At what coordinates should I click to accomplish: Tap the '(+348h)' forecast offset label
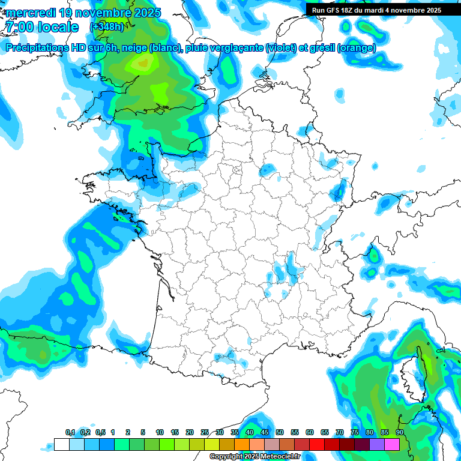(106, 27)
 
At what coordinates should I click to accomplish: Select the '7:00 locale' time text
(41, 27)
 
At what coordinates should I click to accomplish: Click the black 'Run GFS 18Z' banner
(376, 10)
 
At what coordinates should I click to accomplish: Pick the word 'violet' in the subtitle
(281, 48)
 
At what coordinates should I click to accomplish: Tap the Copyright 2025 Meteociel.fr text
(255, 457)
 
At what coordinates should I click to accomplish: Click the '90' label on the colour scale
(400, 432)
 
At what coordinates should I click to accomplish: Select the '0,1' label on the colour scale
(70, 432)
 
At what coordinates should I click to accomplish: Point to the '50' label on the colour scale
(280, 432)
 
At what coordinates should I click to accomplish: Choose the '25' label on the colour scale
(205, 432)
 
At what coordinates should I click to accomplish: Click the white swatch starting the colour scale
(61, 444)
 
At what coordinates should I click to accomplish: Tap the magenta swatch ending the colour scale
(392, 444)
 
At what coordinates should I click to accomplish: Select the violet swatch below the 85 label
(377, 444)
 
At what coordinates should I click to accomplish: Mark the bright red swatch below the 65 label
(317, 444)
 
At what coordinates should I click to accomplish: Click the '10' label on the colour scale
(160, 432)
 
